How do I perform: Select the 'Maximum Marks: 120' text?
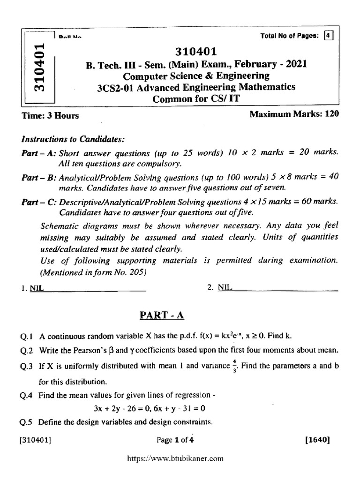coord(294,114)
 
